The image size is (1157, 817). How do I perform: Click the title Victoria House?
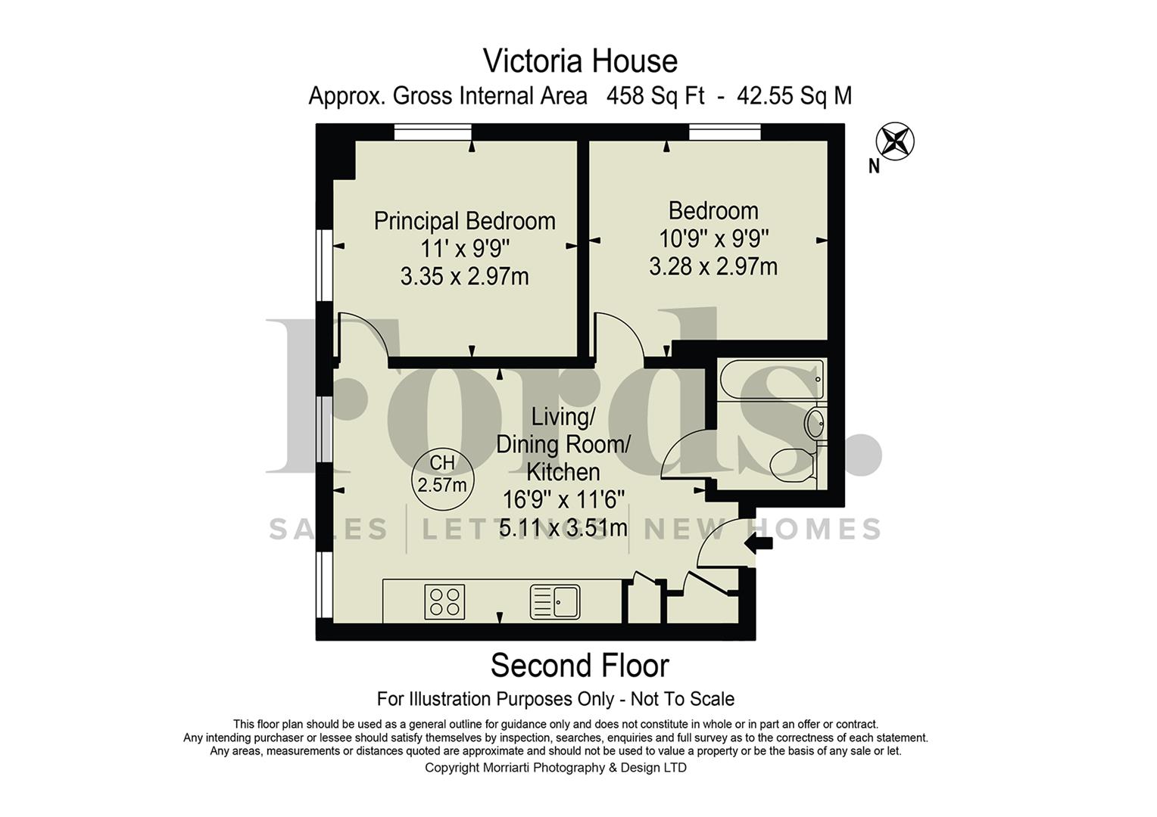[580, 61]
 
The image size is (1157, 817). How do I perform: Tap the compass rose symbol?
[895, 141]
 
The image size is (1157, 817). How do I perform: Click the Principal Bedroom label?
[465, 221]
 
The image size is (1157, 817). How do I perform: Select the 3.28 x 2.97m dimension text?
[713, 267]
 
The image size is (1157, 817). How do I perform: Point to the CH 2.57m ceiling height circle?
[442, 474]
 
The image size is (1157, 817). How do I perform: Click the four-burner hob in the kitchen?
[444, 602]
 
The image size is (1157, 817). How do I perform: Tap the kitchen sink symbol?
[555, 602]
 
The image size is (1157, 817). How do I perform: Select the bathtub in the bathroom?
[772, 381]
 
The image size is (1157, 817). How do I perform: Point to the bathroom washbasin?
[817, 423]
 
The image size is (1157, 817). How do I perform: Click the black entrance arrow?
[759, 543]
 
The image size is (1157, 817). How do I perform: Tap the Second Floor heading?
[580, 666]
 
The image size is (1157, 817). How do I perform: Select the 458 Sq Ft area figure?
[656, 97]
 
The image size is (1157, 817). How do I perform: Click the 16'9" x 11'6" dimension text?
[563, 500]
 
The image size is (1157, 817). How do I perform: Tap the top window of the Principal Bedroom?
[433, 133]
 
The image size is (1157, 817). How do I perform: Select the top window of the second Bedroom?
[725, 133]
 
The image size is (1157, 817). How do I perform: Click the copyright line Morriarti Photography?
[556, 768]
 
